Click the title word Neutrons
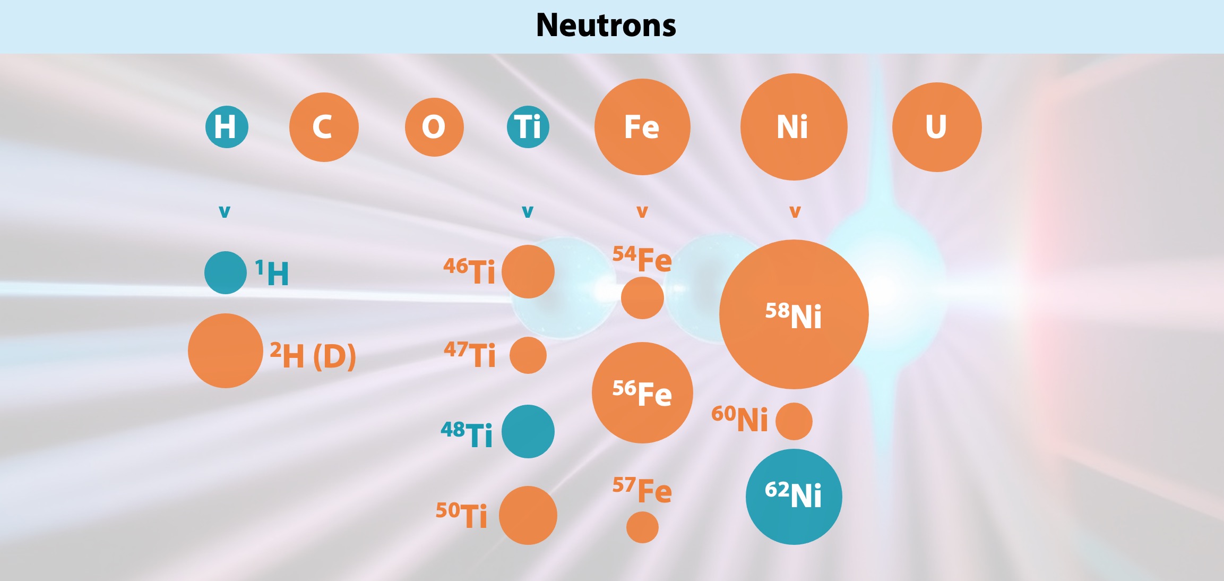coord(606,25)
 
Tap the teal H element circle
coord(227,127)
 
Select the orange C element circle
coord(324,127)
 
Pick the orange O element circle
coord(434,127)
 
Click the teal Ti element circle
coord(528,127)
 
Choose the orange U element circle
coord(937,127)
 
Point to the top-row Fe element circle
coord(642,127)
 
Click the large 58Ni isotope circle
coord(794,314)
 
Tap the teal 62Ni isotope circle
coord(794,497)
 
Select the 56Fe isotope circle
coord(642,392)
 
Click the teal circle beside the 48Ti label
coord(528,431)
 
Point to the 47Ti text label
coord(470,355)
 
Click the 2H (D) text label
coord(313,356)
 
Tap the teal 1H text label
coord(272,273)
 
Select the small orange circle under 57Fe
coord(642,527)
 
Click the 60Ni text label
coord(739,419)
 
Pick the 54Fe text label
coord(642,259)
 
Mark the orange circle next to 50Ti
coord(528,515)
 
